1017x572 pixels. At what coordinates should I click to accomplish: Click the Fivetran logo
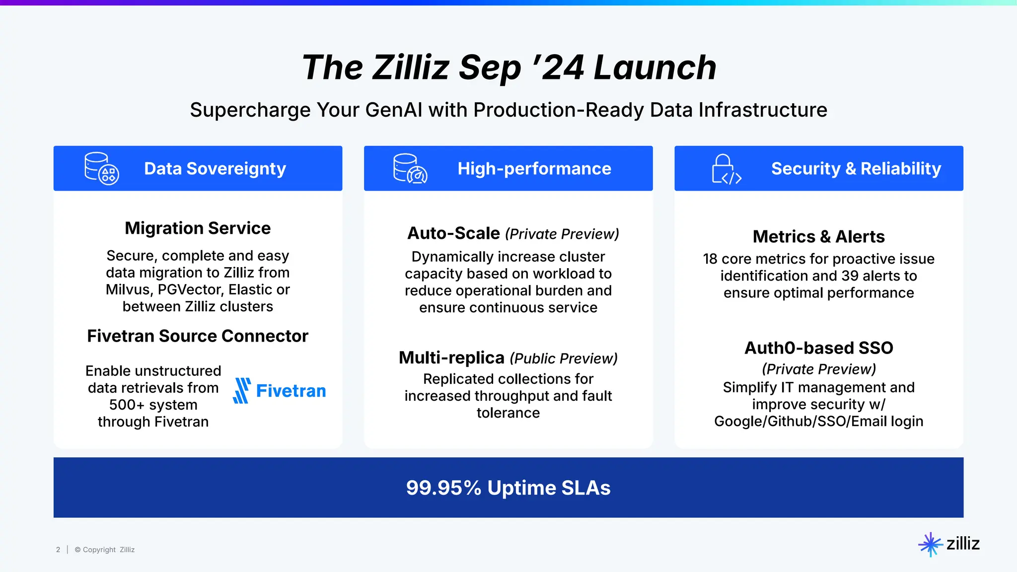coord(280,391)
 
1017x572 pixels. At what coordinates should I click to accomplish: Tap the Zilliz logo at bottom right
coord(949,544)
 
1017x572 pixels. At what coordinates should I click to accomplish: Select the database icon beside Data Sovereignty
coord(101,169)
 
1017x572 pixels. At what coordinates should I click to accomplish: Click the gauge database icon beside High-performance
coord(410,169)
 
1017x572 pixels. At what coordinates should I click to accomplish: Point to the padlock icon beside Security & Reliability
coord(726,169)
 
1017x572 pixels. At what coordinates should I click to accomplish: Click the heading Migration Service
coord(198,228)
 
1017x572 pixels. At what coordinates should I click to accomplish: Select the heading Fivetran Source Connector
coord(198,336)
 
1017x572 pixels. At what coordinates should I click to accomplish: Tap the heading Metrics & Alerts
coord(818,237)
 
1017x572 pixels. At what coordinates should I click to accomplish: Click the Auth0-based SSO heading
coord(818,348)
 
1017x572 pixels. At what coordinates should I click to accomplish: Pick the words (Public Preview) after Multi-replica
coord(564,358)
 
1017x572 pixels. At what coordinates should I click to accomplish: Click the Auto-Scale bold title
coord(453,233)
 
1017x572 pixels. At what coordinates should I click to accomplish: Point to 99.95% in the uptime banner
coord(443,488)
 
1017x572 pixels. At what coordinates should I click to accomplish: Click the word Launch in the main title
coord(655,68)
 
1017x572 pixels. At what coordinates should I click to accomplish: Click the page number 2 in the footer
coord(58,550)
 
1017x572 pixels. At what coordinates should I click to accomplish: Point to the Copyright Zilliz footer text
coord(105,550)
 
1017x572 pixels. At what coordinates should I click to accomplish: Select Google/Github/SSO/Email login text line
coord(818,422)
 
